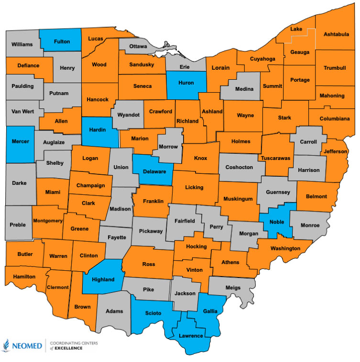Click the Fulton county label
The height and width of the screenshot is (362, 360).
point(61,42)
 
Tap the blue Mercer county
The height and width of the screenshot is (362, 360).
point(20,141)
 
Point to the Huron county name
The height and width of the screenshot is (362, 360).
point(185,83)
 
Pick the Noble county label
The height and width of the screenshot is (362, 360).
point(277,222)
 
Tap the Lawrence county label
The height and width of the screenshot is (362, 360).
point(191,336)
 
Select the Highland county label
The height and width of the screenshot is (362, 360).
point(102,279)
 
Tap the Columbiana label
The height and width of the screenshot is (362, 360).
point(335,118)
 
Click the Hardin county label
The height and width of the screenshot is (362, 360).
point(98,130)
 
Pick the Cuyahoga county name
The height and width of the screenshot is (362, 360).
point(262,59)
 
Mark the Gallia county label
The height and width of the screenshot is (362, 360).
point(210,311)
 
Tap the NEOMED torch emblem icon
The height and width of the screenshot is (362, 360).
point(7,345)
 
